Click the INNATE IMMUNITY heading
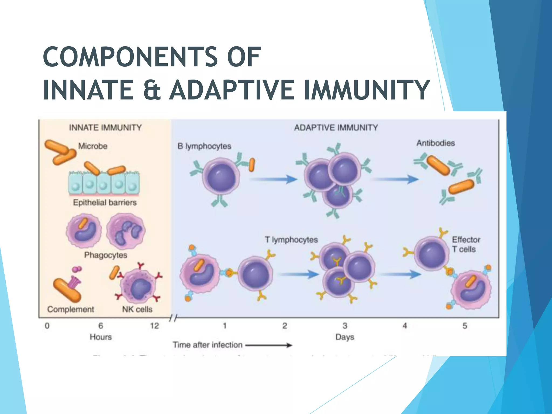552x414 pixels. [105, 127]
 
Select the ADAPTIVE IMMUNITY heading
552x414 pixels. [336, 127]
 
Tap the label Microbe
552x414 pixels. [93, 146]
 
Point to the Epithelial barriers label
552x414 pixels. [105, 202]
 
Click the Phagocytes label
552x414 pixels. [105, 255]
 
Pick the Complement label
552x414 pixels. [70, 309]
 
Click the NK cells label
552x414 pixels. [137, 309]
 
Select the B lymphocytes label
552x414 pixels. [204, 146]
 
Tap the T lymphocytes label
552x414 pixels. [291, 240]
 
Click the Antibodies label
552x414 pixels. [436, 143]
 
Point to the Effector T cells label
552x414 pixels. [466, 244]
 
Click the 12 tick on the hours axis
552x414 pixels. [154, 326]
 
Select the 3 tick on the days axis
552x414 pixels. [345, 326]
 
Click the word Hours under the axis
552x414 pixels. [101, 337]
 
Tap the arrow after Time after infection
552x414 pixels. [269, 345]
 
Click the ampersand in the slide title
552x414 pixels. [152, 90]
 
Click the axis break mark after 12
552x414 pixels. [173, 319]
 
